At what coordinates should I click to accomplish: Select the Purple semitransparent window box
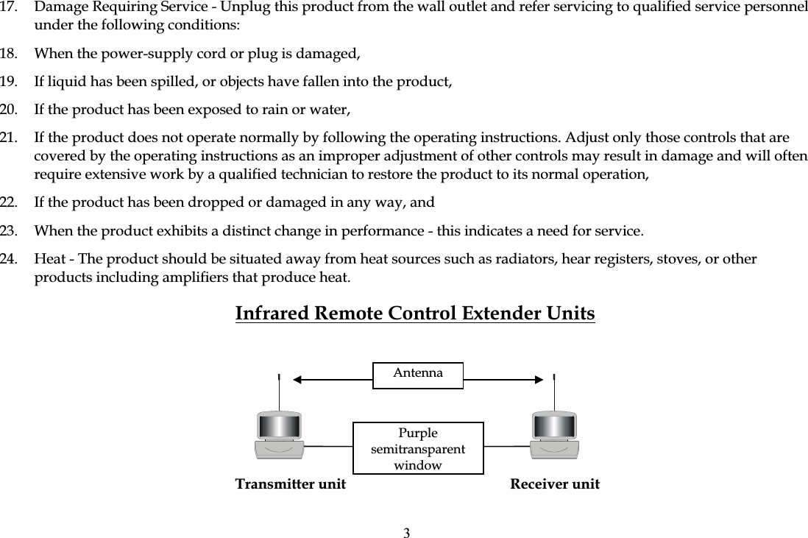point(418,448)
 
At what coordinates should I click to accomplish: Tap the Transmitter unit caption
point(290,484)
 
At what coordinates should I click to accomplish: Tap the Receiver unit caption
point(555,484)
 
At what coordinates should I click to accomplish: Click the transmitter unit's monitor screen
point(280,426)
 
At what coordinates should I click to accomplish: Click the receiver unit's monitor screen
point(555,426)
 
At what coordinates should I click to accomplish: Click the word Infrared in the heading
point(272,314)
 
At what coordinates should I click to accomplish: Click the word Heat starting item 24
point(49,260)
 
